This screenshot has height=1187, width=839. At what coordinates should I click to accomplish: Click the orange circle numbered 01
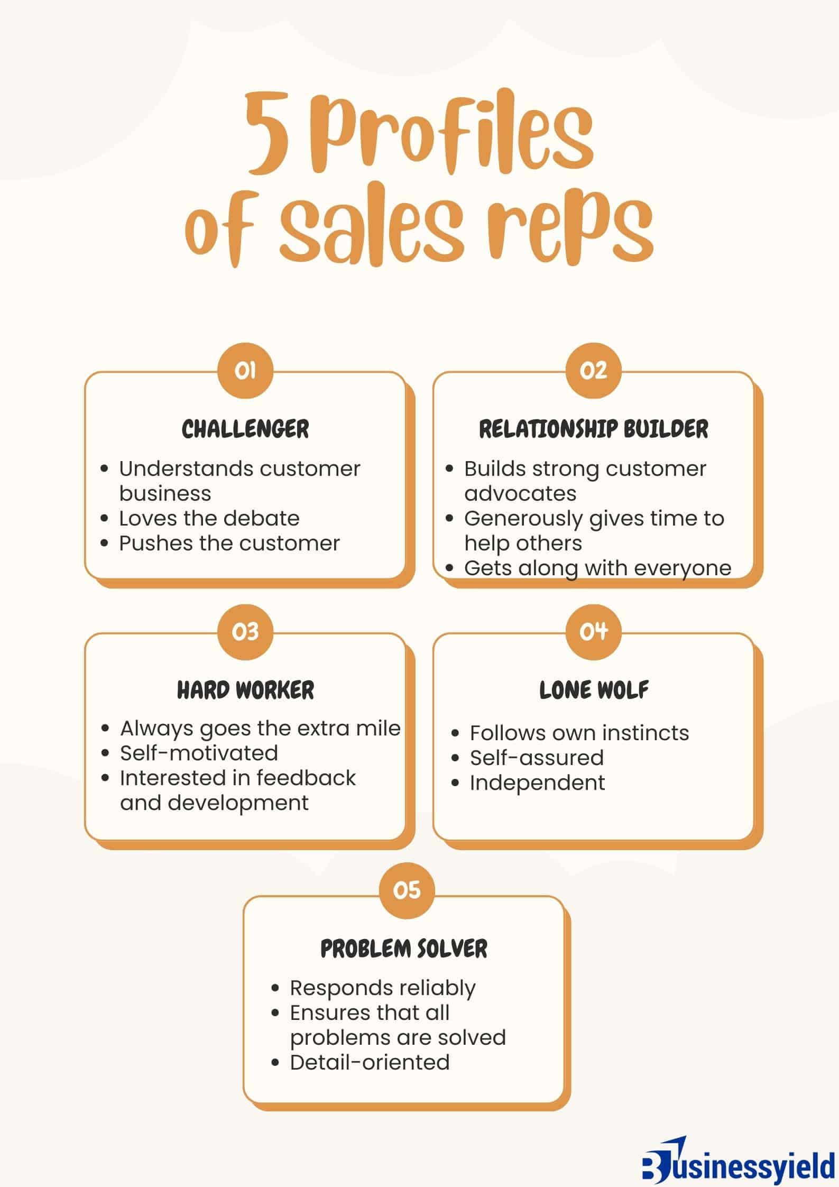[x=245, y=371]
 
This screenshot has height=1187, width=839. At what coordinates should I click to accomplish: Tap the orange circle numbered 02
[x=593, y=371]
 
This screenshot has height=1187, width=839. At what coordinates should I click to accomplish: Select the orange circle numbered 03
[x=245, y=631]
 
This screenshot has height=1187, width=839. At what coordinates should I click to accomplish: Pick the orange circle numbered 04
[x=593, y=631]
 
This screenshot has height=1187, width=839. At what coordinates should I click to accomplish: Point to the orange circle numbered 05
[x=407, y=890]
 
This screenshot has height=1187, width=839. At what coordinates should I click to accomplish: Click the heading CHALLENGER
[x=245, y=429]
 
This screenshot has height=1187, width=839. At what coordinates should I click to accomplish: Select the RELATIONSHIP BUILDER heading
[x=593, y=429]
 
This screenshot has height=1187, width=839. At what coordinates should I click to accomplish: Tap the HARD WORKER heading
[x=245, y=690]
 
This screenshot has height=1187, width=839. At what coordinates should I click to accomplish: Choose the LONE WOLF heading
[x=593, y=690]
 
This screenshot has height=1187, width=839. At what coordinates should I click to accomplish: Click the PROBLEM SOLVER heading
[x=404, y=949]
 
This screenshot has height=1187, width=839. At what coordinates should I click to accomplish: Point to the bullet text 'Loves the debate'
[x=209, y=518]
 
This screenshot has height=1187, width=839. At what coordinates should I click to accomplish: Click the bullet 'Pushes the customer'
[x=229, y=543]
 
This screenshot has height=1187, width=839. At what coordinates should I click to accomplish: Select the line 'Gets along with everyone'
[x=597, y=568]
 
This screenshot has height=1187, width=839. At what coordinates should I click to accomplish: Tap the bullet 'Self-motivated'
[x=199, y=753]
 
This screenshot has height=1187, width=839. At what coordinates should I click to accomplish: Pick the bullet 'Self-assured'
[x=537, y=758]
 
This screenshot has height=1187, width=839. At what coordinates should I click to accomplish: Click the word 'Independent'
[x=537, y=783]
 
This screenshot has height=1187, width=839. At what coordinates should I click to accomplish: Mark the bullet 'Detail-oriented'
[x=370, y=1062]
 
